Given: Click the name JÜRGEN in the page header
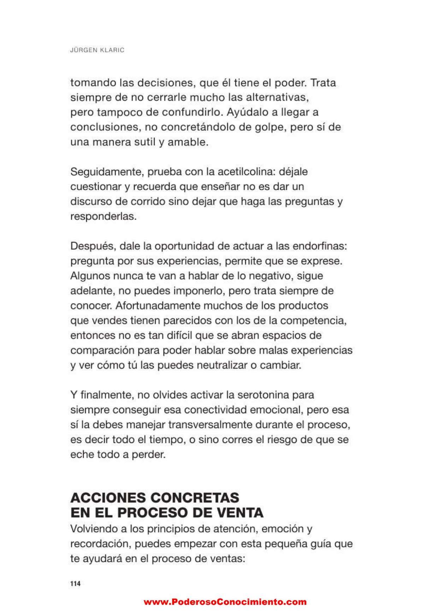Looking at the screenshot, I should point(82,50).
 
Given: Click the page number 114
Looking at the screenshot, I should point(75,584).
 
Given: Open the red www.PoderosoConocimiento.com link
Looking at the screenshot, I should point(225,602).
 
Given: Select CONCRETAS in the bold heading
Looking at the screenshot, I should point(195,498).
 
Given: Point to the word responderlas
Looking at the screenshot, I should point(103,216).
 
